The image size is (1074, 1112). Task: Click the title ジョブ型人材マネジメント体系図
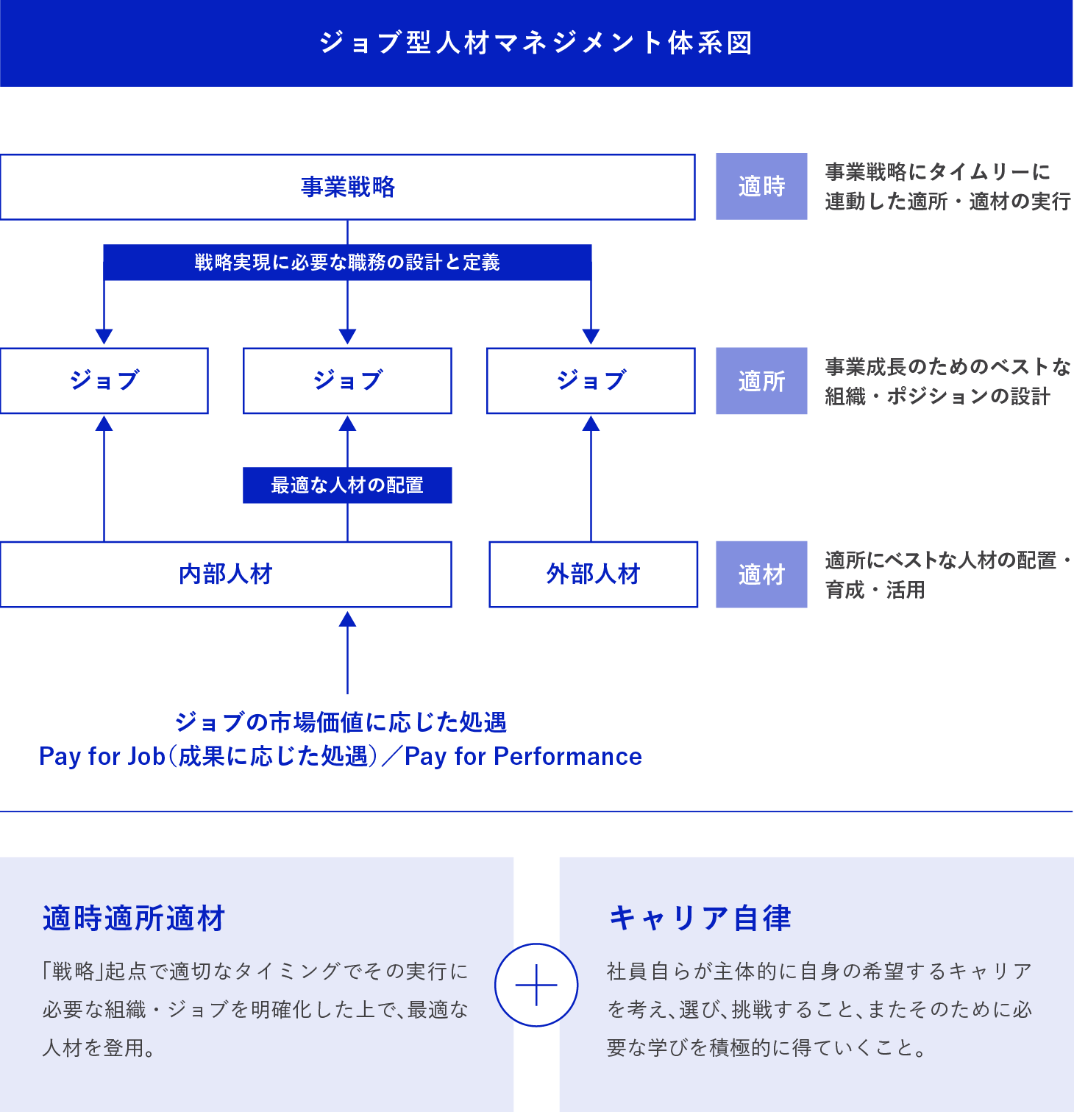click(536, 43)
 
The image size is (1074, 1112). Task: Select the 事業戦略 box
click(347, 187)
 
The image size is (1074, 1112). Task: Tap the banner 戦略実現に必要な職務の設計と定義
click(347, 262)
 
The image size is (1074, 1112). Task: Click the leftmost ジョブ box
click(104, 380)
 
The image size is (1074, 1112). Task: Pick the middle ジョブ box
click(347, 380)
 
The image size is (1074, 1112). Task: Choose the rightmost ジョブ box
click(591, 380)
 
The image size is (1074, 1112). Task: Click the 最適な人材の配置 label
click(347, 485)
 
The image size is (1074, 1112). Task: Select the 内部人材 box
click(226, 574)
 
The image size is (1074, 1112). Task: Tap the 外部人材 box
click(593, 574)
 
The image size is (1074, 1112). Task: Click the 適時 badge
click(761, 187)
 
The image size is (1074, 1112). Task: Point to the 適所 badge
click(761, 381)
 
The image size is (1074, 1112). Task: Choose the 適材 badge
click(761, 574)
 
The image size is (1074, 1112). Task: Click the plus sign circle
click(536, 985)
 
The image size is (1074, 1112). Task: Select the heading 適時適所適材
click(134, 919)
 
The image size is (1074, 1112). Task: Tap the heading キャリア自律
click(700, 919)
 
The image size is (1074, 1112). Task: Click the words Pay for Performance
click(523, 756)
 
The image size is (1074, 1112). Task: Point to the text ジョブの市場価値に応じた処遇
click(341, 722)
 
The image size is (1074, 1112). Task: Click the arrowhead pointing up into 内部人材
click(347, 619)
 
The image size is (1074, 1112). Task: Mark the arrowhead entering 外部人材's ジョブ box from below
click(591, 424)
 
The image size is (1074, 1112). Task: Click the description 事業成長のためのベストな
click(947, 366)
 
